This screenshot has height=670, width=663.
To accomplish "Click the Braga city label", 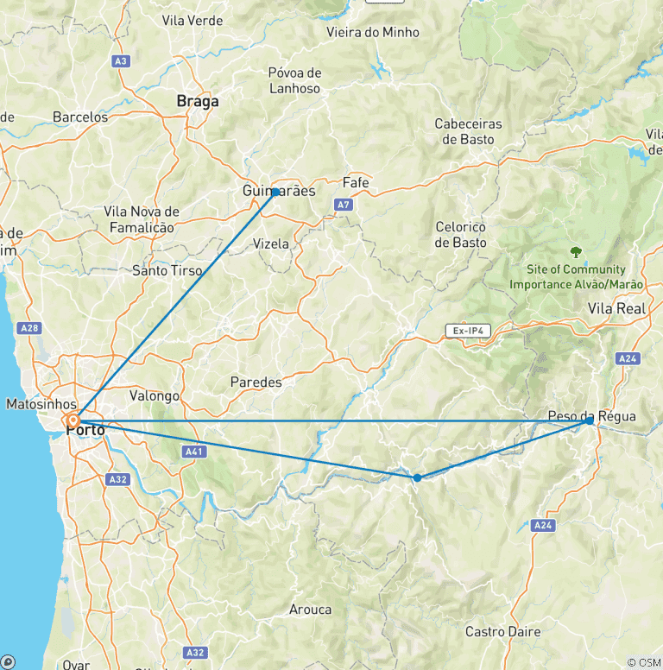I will click(198, 101).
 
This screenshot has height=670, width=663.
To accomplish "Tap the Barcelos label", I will click(80, 117).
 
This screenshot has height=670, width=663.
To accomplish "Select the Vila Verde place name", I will click(192, 21).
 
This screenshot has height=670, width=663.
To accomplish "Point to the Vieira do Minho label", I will click(373, 33).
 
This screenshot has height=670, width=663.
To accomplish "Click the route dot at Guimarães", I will click(275, 193).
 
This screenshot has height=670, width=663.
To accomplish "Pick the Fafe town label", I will click(356, 183).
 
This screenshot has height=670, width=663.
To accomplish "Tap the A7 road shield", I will click(344, 205).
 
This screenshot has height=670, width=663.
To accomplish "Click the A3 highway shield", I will click(121, 60).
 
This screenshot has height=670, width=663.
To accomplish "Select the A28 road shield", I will click(29, 328).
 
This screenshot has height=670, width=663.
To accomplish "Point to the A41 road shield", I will click(196, 451).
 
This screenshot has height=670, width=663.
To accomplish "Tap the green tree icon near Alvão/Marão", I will click(576, 253).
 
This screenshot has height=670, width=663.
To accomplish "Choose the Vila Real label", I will click(616, 308).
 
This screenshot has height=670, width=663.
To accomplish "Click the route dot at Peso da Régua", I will click(590, 420).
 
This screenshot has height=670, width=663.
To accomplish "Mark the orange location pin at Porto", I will click(73, 420).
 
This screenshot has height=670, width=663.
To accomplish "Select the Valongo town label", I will click(154, 396).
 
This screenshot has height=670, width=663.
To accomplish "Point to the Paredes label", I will click(256, 382).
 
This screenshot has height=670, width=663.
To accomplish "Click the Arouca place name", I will click(310, 610).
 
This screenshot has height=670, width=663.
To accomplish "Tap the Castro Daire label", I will click(503, 632).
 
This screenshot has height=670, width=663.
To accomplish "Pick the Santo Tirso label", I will click(167, 270).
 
